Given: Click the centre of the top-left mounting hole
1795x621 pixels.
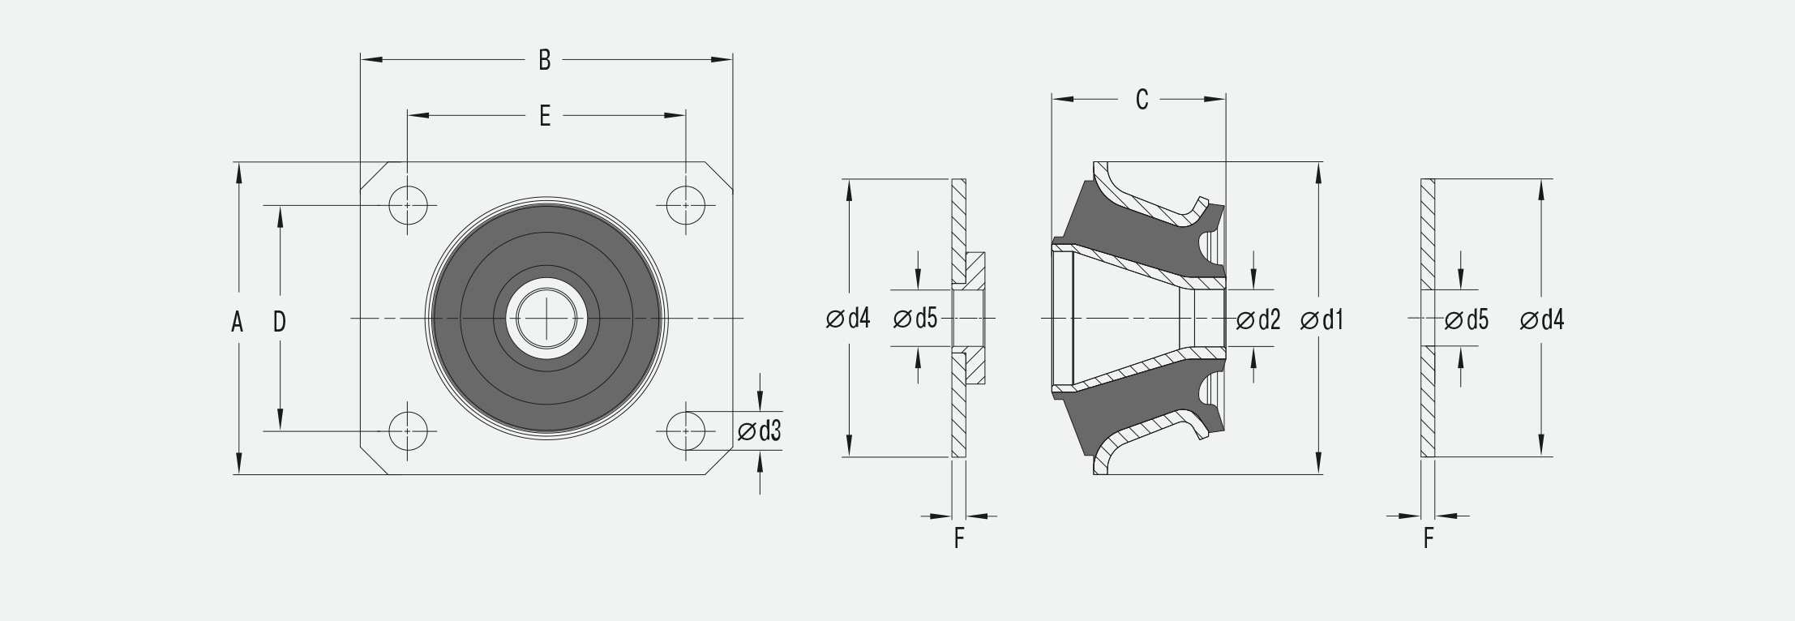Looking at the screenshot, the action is (408, 205).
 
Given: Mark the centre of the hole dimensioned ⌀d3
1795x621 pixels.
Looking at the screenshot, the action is (686, 430).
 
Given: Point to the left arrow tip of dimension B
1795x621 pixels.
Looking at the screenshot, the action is (362, 59).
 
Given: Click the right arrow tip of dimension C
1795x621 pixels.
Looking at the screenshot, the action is (1225, 100).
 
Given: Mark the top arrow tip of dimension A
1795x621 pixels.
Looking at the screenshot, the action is (238, 162).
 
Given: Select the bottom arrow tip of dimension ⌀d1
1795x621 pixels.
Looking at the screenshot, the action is (1319, 473).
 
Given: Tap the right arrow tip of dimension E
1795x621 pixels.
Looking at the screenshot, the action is (686, 116).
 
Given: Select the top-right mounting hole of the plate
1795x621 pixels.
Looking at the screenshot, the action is (686, 205).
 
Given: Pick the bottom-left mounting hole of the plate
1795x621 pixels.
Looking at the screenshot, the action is (408, 430).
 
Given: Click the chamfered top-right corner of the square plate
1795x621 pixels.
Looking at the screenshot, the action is (719, 177).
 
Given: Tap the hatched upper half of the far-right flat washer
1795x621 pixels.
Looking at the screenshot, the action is (1428, 234).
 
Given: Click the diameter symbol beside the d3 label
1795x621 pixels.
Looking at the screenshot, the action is (747, 432).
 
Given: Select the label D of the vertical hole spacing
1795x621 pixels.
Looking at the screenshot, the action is (280, 323).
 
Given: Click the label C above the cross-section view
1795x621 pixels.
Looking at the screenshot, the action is (1142, 100).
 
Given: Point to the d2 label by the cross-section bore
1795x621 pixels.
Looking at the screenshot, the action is (1268, 320).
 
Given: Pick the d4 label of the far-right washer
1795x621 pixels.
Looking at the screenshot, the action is (1552, 320).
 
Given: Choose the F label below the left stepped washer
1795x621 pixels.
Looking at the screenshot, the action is (959, 538).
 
